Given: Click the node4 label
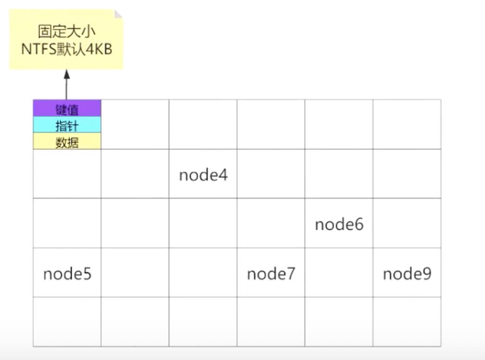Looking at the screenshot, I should pyautogui.click(x=203, y=175).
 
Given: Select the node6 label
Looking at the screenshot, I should pyautogui.click(x=339, y=225).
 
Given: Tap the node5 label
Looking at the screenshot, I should pyautogui.click(x=67, y=274).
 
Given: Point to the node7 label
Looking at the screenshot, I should pyautogui.click(x=271, y=274).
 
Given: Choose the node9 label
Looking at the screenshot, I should pyautogui.click(x=407, y=274).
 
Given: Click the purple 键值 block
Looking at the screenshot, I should pyautogui.click(x=67, y=109).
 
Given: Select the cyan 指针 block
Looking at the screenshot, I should pyautogui.click(x=67, y=126).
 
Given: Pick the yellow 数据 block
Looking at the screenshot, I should pyautogui.click(x=67, y=142).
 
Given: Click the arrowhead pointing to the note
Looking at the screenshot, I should pyautogui.click(x=66, y=74).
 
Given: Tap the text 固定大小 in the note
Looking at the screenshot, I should pyautogui.click(x=66, y=32).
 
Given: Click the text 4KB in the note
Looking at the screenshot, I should pyautogui.click(x=99, y=49).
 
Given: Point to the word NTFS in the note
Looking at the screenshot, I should pyautogui.click(x=38, y=49).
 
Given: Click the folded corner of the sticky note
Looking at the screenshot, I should pyautogui.click(x=118, y=13).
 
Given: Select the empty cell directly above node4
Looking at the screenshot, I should pyautogui.click(x=203, y=124).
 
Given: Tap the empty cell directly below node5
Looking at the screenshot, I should pyautogui.click(x=67, y=321).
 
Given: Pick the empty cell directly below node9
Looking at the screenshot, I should pyautogui.click(x=407, y=321).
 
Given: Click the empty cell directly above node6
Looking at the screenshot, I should pyautogui.click(x=339, y=174).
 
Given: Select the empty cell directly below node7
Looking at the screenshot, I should pyautogui.click(x=271, y=321).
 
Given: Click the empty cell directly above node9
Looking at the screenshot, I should pyautogui.click(x=407, y=223).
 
